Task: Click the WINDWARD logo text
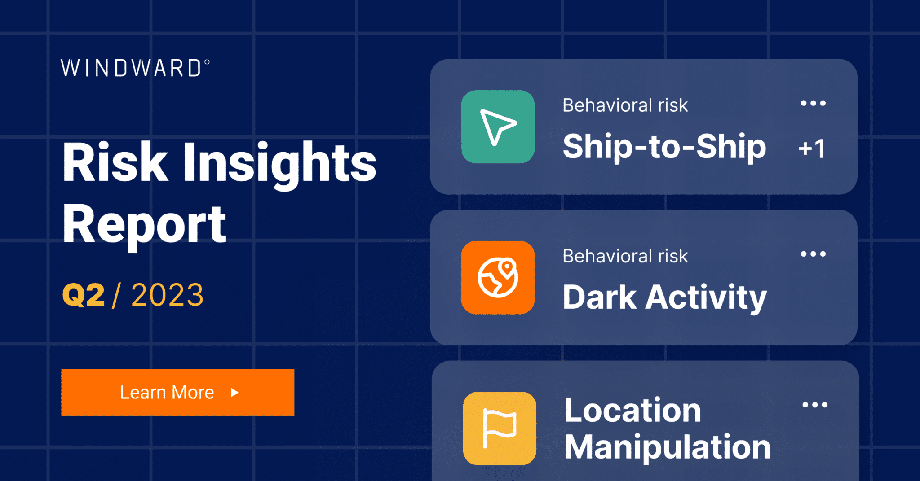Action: (135, 68)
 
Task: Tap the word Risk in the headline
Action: (115, 162)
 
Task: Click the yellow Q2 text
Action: (84, 295)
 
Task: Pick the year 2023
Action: (167, 295)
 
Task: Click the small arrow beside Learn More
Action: (234, 393)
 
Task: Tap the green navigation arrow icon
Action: (498, 127)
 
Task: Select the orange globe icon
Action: (498, 277)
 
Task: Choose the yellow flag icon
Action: (500, 428)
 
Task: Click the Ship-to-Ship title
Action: (664, 147)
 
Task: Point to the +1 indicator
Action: (812, 149)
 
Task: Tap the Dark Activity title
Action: (664, 297)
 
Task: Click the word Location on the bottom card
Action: (632, 410)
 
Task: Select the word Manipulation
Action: (668, 447)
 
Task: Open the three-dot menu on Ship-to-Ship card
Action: (813, 104)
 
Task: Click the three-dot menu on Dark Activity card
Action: (813, 254)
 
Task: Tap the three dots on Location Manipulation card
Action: (815, 405)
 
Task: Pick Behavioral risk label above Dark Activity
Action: (625, 256)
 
